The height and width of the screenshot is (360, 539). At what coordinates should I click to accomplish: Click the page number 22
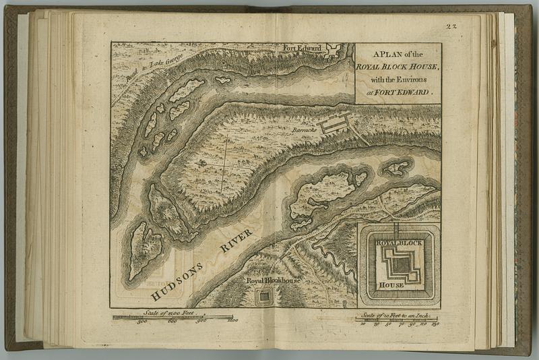pos(451,26)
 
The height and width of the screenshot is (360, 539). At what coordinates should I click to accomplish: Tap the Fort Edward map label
pos(302,49)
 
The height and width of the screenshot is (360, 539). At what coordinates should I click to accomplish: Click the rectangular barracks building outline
pos(335,123)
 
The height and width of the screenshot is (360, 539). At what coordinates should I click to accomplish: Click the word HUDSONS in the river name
pos(177,278)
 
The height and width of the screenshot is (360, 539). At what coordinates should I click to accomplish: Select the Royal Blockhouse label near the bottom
pos(272,280)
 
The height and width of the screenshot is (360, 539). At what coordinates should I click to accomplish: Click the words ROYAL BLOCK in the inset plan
pos(398,242)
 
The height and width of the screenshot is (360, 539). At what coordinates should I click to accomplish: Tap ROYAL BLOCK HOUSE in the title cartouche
pos(398,67)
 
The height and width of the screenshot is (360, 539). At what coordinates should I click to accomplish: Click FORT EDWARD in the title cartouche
pos(404,91)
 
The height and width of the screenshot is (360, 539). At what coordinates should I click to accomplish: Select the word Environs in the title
pos(411,80)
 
